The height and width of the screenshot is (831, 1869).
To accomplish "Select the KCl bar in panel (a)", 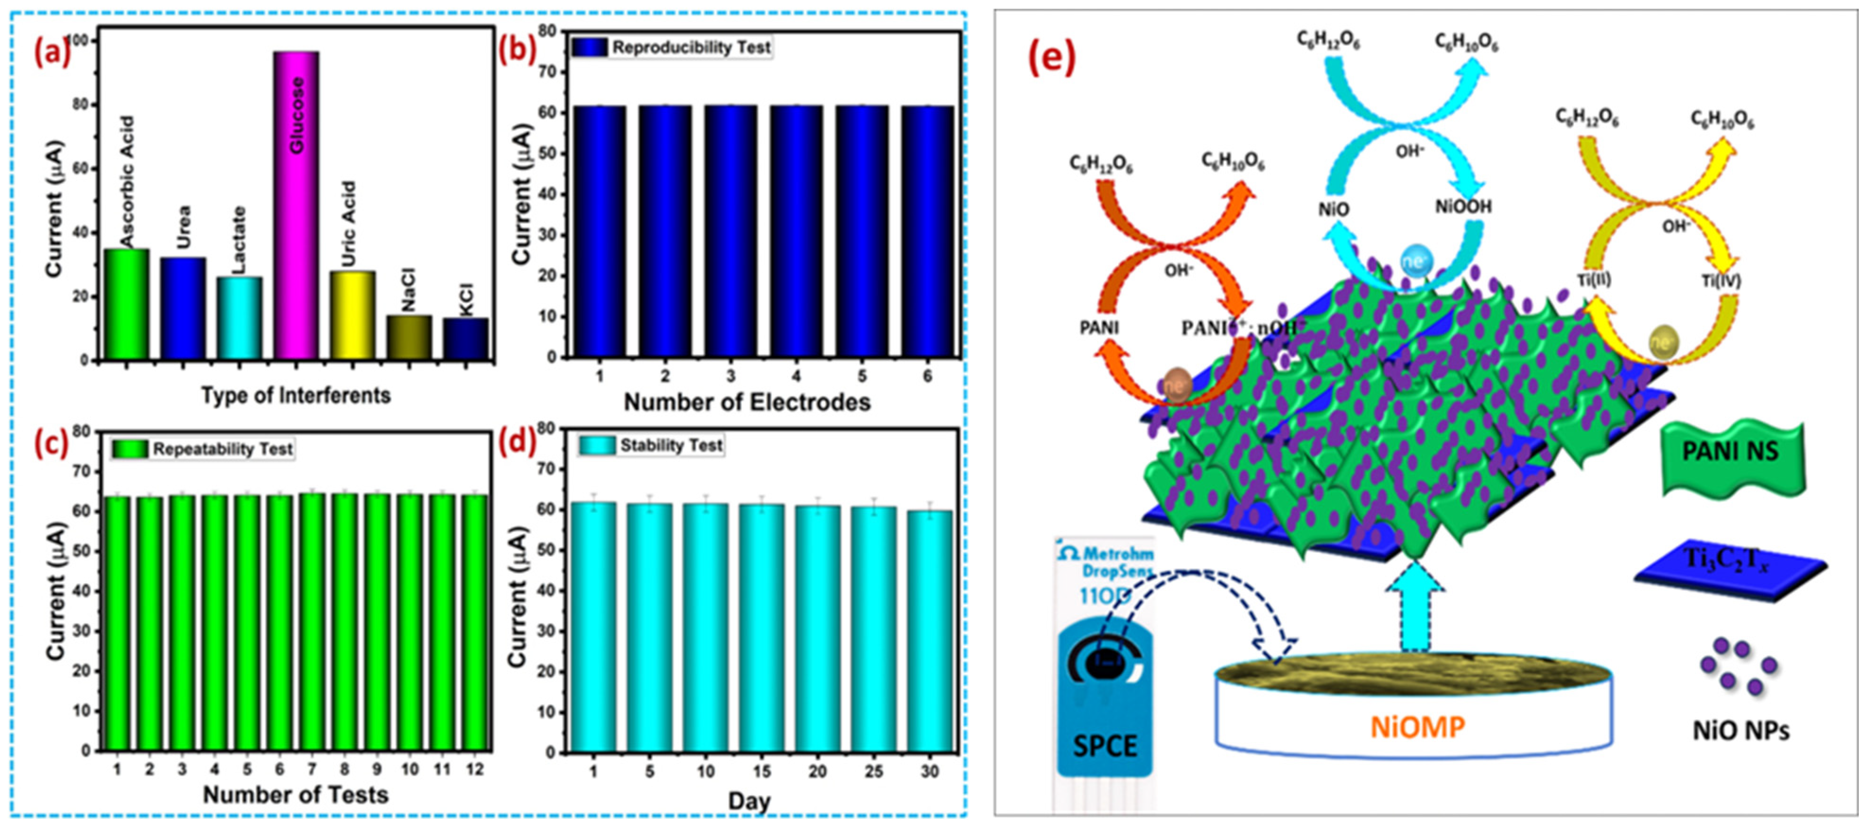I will pyautogui.click(x=466, y=338).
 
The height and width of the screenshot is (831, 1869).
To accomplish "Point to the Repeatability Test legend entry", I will pyautogui.click(x=204, y=449).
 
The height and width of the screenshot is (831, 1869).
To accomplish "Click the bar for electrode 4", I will pyautogui.click(x=796, y=232).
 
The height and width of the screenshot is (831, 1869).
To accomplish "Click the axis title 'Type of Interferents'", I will pyautogui.click(x=296, y=395).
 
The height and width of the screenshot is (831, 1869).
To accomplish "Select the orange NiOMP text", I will pyautogui.click(x=1417, y=727).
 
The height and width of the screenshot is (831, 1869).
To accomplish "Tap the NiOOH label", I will pyautogui.click(x=1463, y=207).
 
